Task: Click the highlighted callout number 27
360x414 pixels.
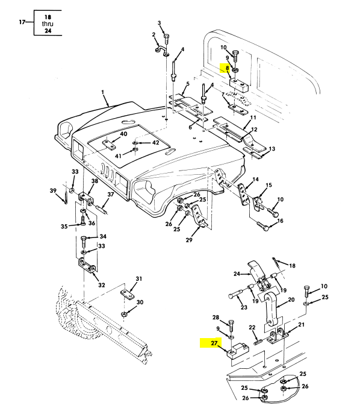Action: tap(214, 343)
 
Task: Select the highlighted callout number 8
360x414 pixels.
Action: tap(227, 68)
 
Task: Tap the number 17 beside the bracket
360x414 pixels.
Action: tap(22, 22)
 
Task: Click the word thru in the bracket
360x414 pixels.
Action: tap(48, 24)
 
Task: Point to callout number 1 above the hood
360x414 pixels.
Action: tap(102, 92)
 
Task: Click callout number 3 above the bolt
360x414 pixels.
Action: tap(160, 23)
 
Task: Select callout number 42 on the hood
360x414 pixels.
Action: tap(155, 143)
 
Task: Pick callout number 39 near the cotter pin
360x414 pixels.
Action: tap(53, 190)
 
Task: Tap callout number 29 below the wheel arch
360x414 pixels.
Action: tap(189, 240)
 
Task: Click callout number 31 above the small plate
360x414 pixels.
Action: tap(138, 278)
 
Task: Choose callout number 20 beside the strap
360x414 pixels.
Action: tap(291, 300)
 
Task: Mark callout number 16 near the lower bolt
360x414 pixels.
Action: tap(280, 221)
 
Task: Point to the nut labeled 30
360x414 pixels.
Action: tap(123, 314)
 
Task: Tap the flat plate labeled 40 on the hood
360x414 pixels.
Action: tap(109, 145)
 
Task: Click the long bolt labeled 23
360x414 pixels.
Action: tap(238, 293)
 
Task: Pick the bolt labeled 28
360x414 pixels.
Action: tap(231, 325)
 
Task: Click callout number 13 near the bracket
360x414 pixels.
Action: tap(272, 149)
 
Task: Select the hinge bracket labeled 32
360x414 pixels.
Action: tap(87, 265)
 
